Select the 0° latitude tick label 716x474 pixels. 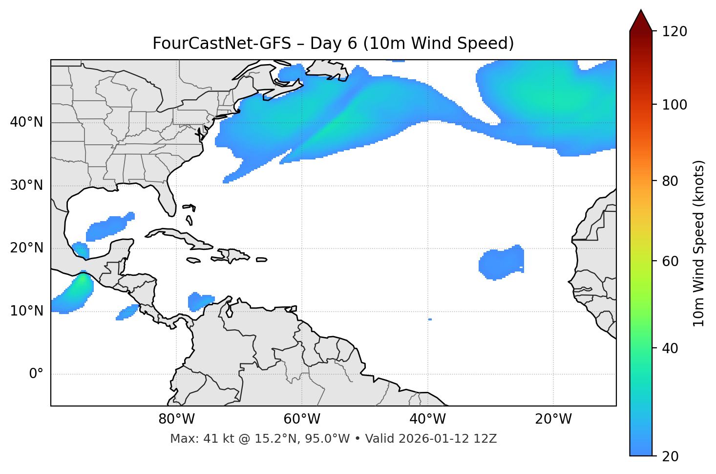pos(36,374)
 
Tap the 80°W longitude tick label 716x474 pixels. pos(176,419)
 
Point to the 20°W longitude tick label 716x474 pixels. pos(553,419)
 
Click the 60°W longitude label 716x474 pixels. pos(302,419)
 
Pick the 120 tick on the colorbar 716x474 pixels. pos(675,32)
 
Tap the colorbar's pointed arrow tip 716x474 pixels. pos(641,11)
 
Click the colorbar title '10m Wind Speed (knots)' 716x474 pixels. pos(699,243)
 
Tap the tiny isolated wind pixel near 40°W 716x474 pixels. pos(430,319)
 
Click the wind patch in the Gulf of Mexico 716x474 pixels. pos(108,227)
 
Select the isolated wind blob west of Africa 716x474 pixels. pos(502,263)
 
